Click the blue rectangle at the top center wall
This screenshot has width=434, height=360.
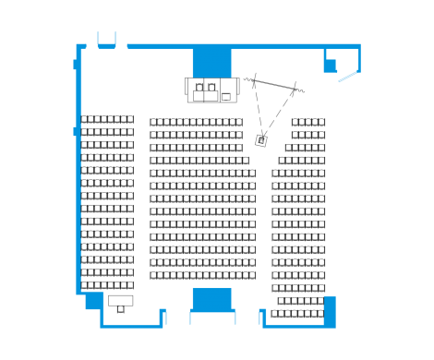click(x=211, y=62)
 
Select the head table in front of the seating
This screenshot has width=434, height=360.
click(x=212, y=90)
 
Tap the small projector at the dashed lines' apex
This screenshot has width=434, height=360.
click(x=261, y=139)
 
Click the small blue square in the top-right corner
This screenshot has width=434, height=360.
click(x=330, y=65)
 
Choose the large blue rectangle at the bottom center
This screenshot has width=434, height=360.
click(x=211, y=298)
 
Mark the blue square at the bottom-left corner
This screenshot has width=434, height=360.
click(x=93, y=301)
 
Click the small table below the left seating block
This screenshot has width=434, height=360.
click(x=121, y=300)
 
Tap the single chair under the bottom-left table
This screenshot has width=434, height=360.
click(x=120, y=309)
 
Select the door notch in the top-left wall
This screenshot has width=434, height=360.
click(x=106, y=40)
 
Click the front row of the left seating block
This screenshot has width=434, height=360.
click(x=108, y=120)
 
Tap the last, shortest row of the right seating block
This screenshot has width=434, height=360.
click(x=297, y=313)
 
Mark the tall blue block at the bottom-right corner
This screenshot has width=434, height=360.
click(x=330, y=309)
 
